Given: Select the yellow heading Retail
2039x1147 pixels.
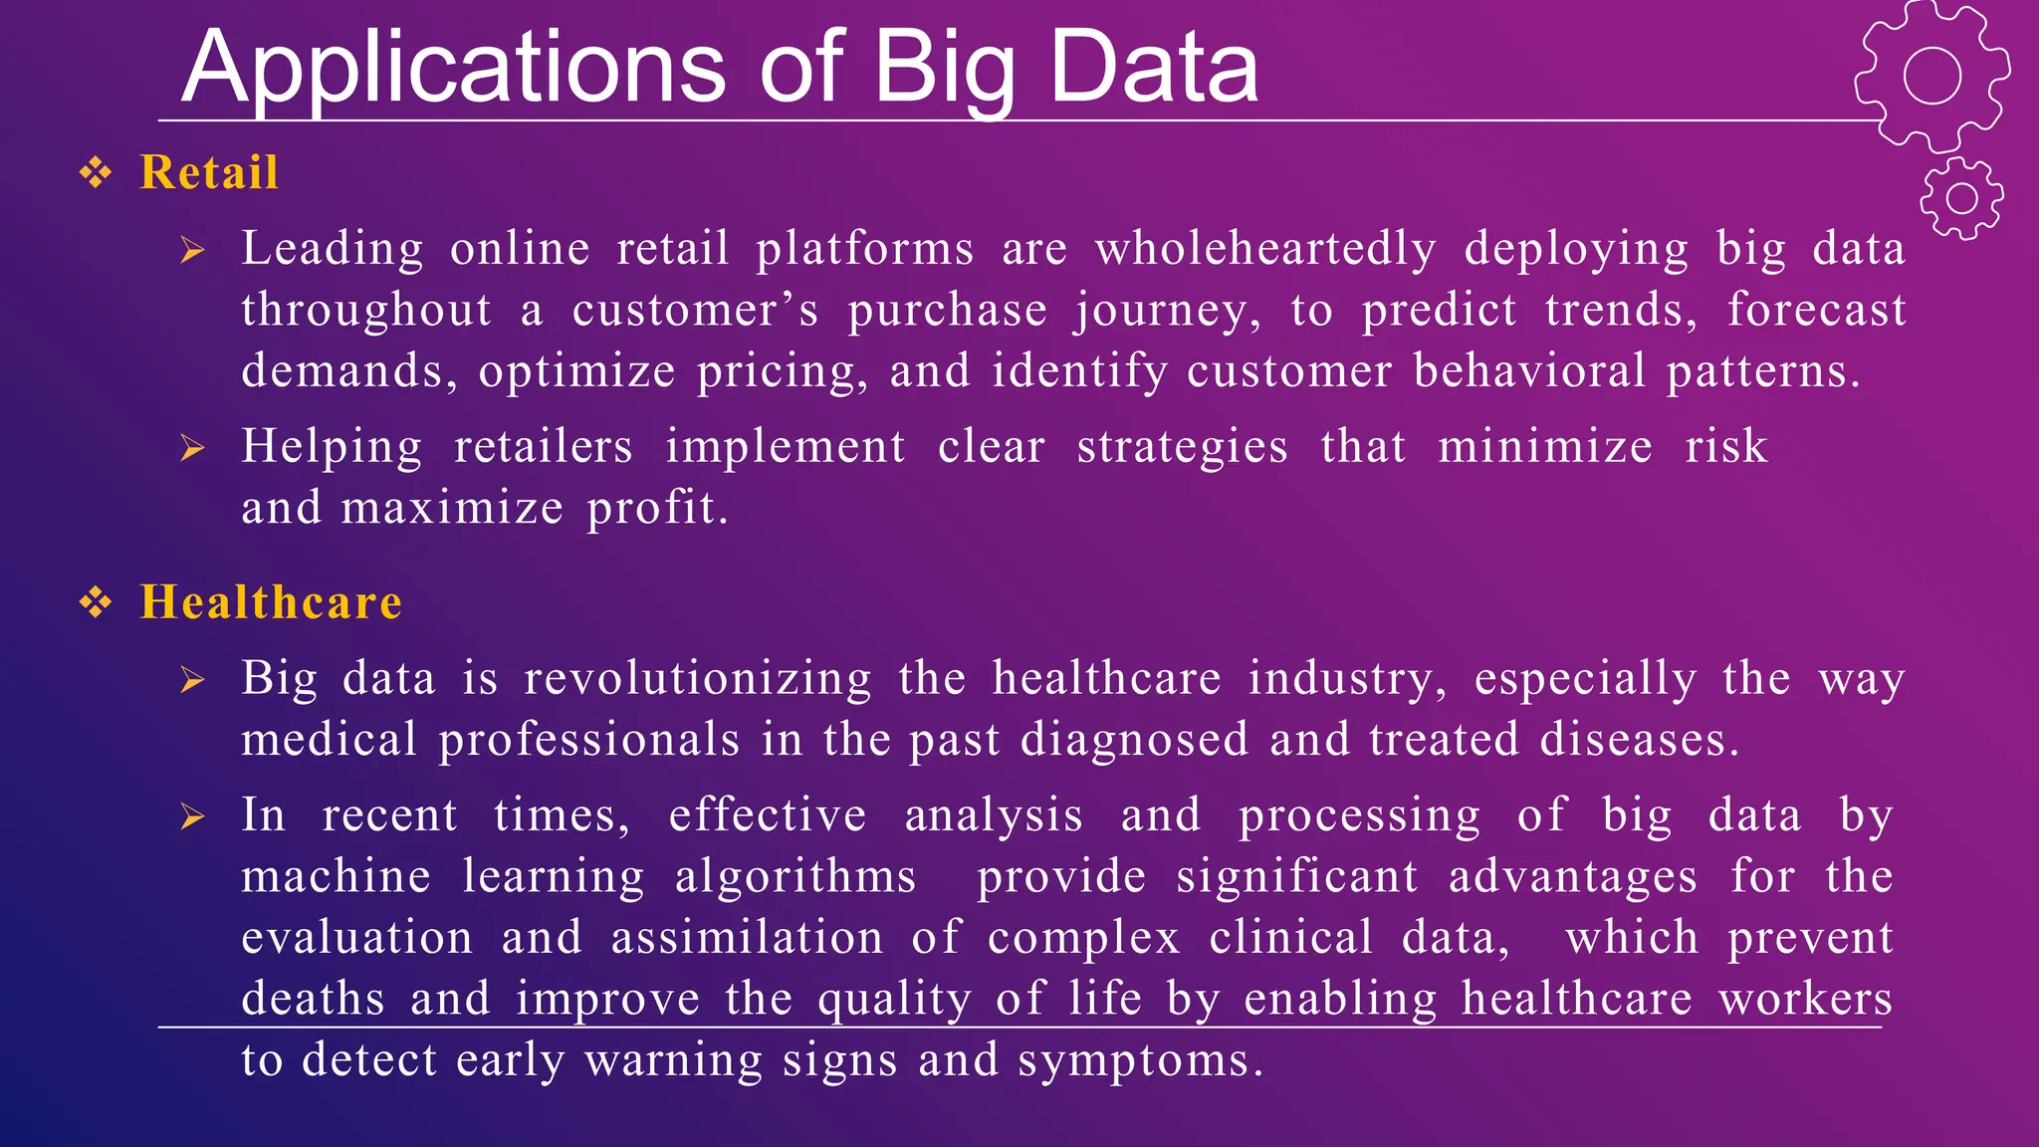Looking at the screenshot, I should coord(209,172).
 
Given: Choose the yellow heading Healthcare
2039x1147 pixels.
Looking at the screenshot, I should coord(271,602).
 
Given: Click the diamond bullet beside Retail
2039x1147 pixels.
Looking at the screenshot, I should coord(96,173).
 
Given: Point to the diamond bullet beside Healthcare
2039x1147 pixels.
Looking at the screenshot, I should coord(96,602).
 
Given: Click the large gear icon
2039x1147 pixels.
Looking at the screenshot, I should coord(1931,77).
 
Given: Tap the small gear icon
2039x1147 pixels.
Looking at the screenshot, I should coord(1961,198).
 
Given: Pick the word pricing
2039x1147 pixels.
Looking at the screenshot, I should coord(782,372).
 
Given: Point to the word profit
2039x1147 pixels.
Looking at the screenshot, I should coord(657,508).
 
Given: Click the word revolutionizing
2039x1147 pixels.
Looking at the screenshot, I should coord(698,679).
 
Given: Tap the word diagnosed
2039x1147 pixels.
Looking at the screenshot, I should coord(1134,740).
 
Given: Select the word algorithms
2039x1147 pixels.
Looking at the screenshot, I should coord(795,877).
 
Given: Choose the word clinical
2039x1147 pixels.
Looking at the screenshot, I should coord(1291,938).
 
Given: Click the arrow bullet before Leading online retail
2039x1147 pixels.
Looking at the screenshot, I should coord(192,250).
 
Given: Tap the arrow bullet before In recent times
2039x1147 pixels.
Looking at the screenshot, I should coord(192,817).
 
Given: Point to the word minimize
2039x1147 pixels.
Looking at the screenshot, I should coord(1545,446).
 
